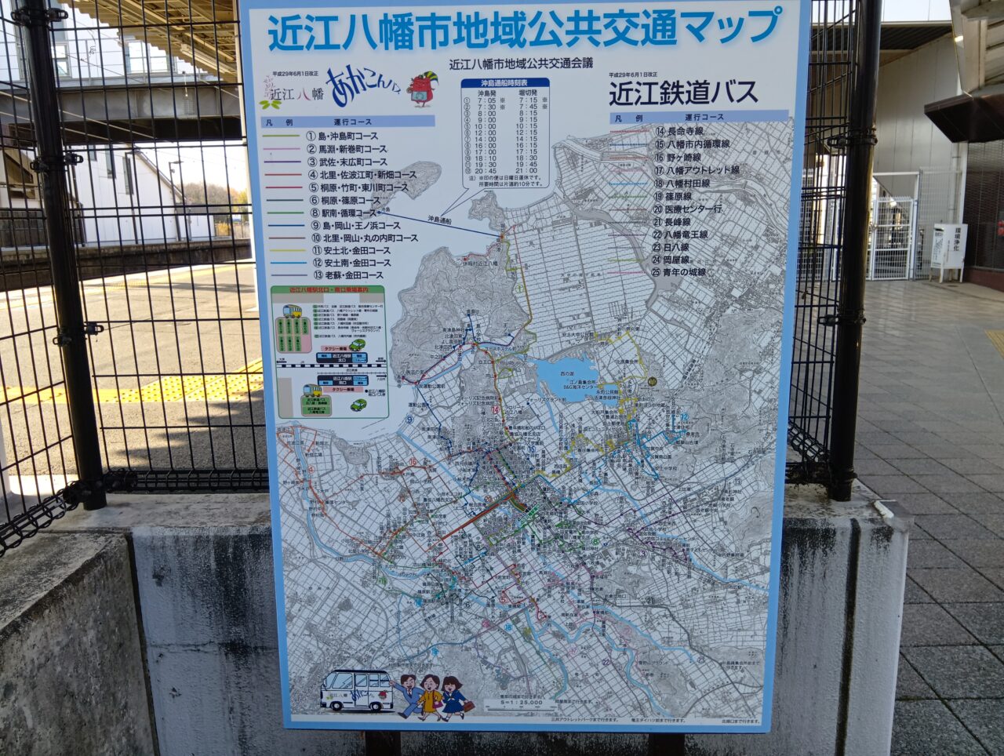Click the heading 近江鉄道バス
point(683,93)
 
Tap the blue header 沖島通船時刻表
point(504,82)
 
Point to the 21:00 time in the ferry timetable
point(526,170)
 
